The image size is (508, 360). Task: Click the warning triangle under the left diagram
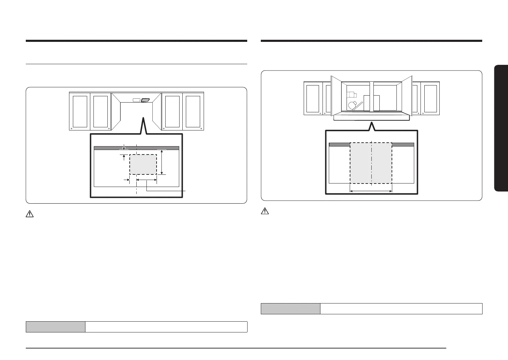point(30,215)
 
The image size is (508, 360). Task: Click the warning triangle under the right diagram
point(265,211)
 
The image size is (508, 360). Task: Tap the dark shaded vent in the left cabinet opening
point(145,100)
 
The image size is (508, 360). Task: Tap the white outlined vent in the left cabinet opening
point(136,100)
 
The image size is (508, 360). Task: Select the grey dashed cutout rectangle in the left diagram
point(143,165)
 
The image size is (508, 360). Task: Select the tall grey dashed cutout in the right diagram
point(371,163)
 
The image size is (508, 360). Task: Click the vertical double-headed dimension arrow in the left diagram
point(162,162)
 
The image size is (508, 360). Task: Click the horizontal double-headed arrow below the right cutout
point(371,191)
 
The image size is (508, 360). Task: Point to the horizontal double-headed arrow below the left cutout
point(146,180)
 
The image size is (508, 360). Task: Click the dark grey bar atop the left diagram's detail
point(136,148)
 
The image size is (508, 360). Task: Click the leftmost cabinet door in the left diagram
point(80,111)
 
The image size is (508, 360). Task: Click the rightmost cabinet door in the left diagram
point(193,111)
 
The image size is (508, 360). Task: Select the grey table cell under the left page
point(55,327)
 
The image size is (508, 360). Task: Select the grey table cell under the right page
point(290,309)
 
